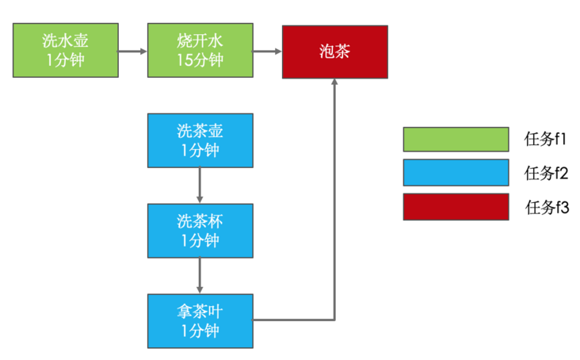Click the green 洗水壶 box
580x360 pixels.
(66, 51)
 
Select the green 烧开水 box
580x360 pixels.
(200, 51)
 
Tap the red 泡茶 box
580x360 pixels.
(335, 51)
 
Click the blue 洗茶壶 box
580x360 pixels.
(200, 140)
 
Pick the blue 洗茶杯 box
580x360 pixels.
(200, 231)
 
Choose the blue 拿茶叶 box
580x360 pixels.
(200, 320)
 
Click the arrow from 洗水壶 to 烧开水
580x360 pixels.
(132, 52)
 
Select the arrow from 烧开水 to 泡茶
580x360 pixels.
(267, 52)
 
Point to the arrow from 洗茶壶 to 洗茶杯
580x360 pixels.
(200, 186)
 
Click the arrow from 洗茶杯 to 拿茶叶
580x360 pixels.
(200, 276)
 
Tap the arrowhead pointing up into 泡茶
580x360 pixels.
(334, 84)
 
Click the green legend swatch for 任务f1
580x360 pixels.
(456, 139)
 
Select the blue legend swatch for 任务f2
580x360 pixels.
(456, 172)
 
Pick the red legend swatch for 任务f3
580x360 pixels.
(456, 206)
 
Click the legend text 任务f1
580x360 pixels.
(547, 139)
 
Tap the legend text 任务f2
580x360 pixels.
(547, 173)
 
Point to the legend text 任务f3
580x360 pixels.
(547, 207)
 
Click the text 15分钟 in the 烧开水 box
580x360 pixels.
(200, 60)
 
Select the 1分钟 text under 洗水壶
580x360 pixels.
(66, 60)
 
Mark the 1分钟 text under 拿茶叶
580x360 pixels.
(200, 330)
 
